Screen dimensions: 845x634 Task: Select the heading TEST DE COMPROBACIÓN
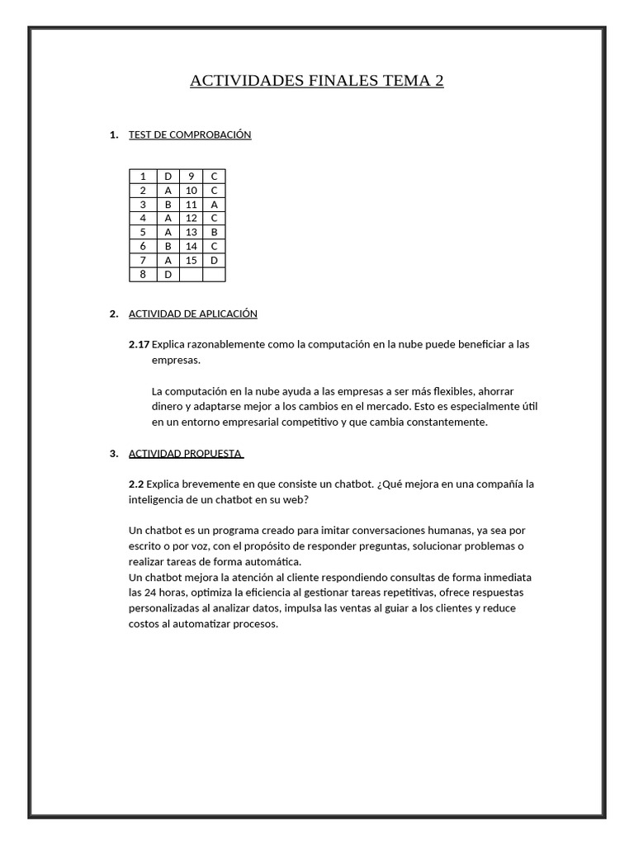tap(190, 135)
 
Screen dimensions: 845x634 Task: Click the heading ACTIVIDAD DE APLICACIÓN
tap(193, 314)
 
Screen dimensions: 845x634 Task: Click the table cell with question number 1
tap(143, 177)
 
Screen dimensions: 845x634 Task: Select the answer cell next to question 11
tap(214, 205)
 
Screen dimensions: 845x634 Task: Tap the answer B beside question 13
tap(214, 233)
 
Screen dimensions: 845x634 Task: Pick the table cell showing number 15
tap(191, 261)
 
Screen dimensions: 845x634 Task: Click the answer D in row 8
tap(168, 275)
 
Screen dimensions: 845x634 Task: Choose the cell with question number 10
tap(191, 191)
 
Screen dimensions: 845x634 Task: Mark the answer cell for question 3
tap(168, 205)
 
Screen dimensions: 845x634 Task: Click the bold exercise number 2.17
tap(139, 344)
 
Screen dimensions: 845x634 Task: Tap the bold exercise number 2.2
tap(136, 484)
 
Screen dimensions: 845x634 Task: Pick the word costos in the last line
tap(144, 624)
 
